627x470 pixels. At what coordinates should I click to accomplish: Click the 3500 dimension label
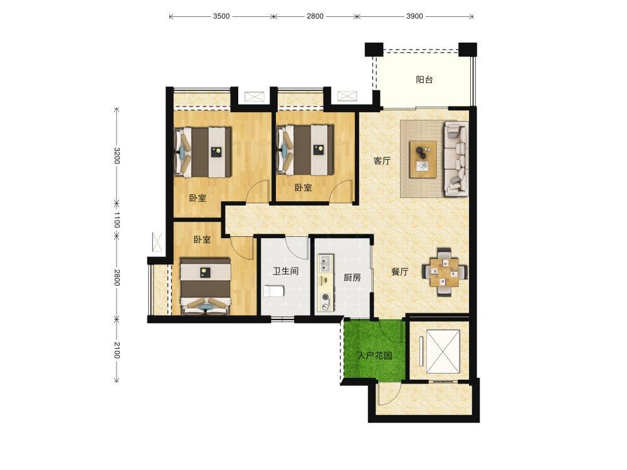221,16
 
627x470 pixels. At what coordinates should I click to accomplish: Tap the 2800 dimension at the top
315,16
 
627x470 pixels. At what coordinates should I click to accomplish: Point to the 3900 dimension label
414,16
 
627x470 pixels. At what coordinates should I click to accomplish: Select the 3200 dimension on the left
117,155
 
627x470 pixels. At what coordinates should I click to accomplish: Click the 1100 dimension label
117,220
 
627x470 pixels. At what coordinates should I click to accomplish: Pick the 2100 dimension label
117,350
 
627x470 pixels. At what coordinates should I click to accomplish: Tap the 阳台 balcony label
424,80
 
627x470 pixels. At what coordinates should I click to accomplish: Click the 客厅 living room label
382,161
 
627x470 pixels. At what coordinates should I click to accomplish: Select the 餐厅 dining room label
399,272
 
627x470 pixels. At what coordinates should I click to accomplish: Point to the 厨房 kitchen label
352,278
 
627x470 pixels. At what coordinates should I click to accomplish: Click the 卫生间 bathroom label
285,271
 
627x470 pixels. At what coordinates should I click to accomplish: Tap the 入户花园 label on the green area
375,355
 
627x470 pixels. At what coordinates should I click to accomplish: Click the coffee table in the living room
423,159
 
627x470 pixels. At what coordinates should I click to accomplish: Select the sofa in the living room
456,159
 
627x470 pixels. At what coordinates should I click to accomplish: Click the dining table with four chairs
445,272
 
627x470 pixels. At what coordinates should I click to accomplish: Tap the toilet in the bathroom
274,291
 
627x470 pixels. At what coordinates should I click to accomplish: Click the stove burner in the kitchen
325,297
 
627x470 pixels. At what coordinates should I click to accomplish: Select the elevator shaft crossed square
442,352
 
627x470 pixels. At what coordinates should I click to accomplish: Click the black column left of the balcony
374,49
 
